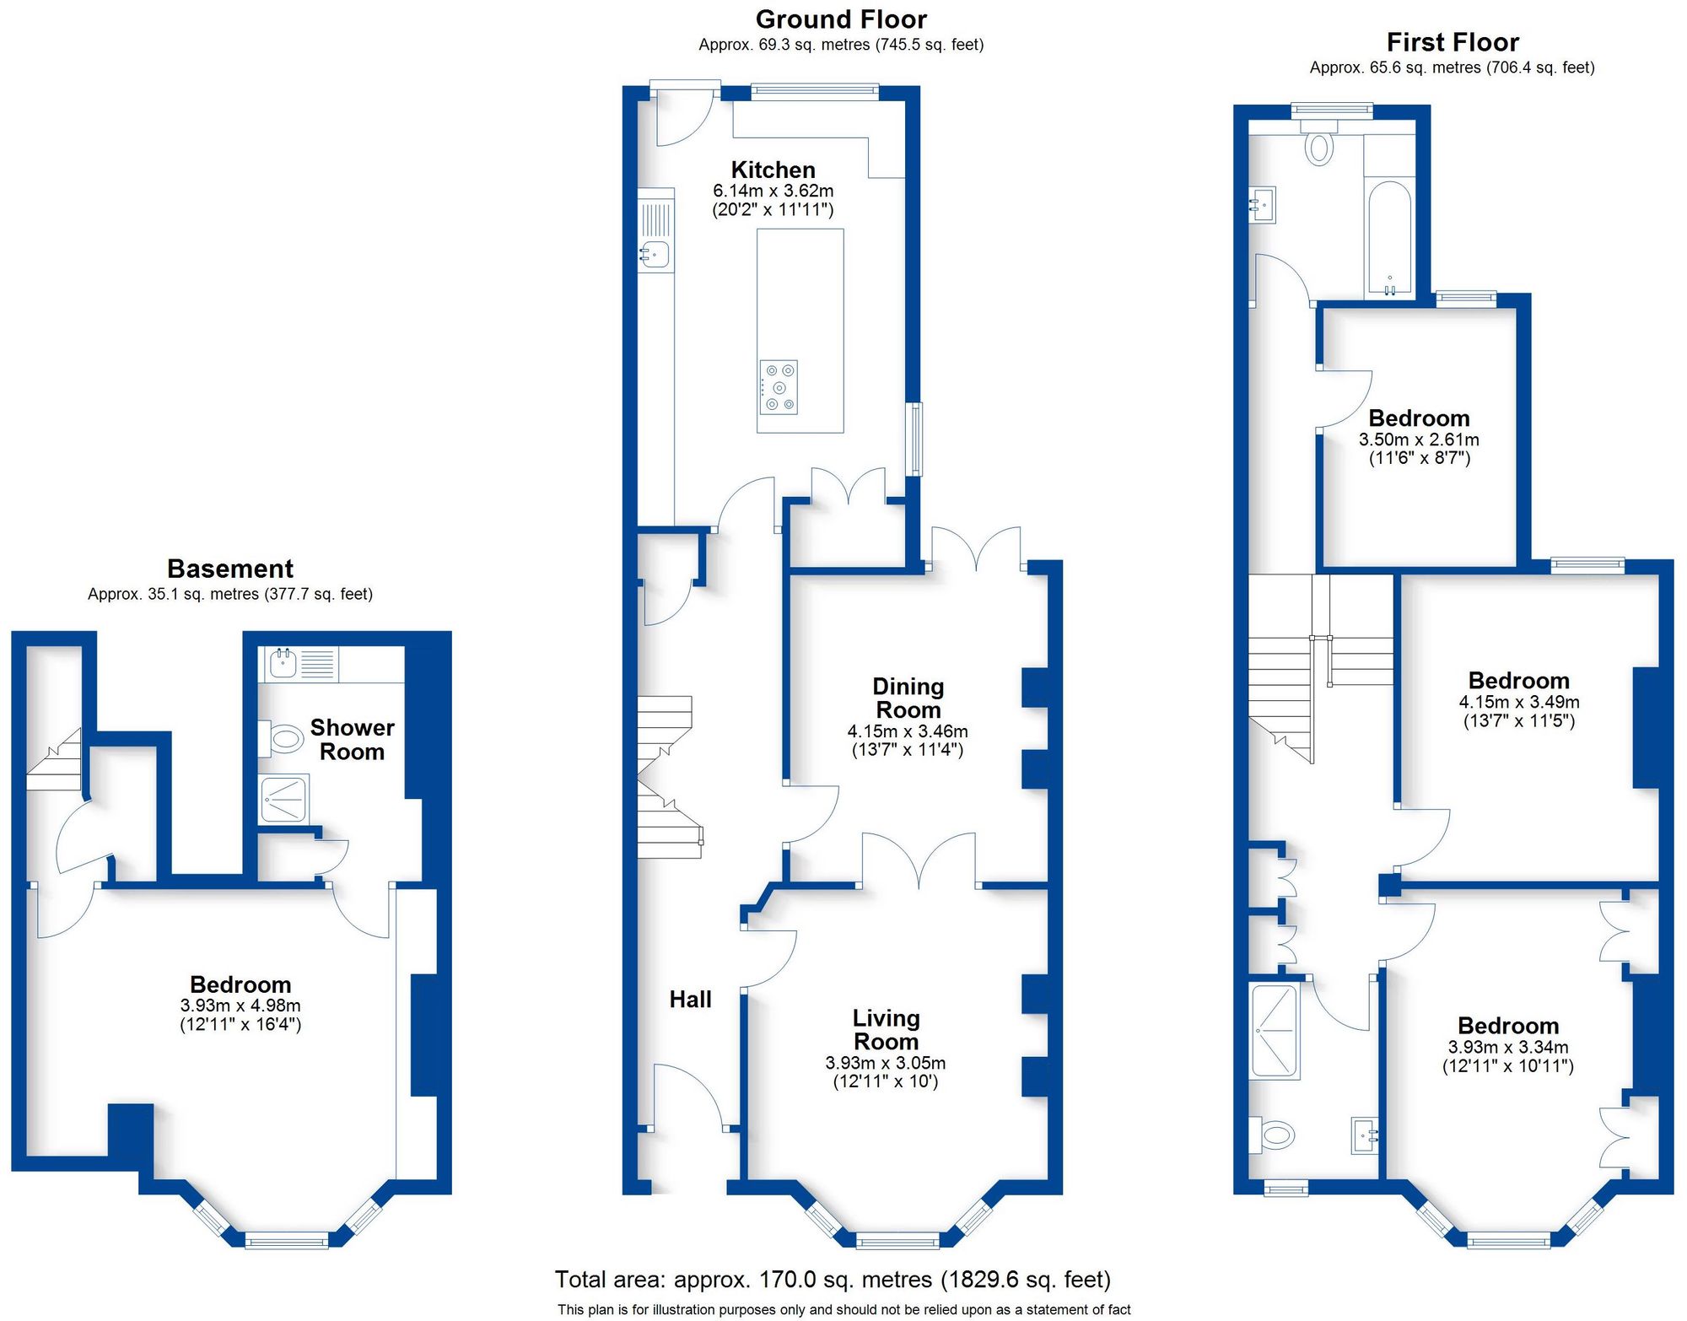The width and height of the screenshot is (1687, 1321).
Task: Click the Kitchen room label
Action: point(773,170)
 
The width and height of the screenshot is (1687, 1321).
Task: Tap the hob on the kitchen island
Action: point(778,387)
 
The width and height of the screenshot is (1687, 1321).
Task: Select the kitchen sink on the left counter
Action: point(655,252)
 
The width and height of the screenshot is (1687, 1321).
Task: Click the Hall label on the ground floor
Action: point(690,1000)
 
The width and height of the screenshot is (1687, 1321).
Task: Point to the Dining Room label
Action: point(908,698)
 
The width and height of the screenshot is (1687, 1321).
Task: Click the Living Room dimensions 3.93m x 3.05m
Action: point(885,1063)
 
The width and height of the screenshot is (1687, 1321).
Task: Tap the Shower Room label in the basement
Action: point(352,739)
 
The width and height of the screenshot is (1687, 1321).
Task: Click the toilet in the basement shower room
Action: point(283,739)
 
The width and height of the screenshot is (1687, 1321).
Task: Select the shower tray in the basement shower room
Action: point(283,799)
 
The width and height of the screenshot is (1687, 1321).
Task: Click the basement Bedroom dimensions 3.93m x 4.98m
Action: point(240,1006)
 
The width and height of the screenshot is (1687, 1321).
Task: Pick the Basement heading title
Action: point(230,569)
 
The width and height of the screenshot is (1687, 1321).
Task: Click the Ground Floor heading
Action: point(841,19)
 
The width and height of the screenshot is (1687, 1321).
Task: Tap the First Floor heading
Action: point(1453,42)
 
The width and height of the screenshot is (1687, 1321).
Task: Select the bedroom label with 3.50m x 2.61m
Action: point(1419,418)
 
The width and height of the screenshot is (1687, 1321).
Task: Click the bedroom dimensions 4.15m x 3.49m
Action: point(1519,702)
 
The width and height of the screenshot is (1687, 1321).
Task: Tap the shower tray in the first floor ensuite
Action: point(1275,1030)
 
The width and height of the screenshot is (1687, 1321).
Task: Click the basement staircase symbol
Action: point(55,761)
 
